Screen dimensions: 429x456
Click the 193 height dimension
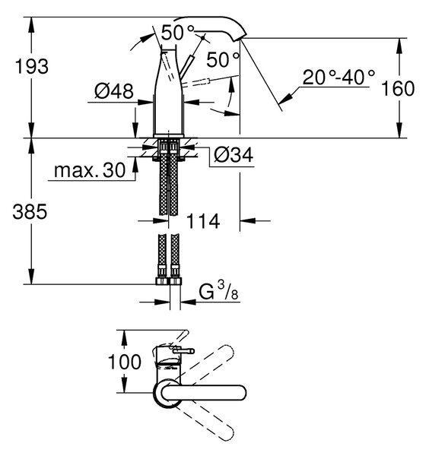click(32, 66)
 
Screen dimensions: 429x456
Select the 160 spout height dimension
click(398, 88)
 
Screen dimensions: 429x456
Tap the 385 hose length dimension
click(30, 212)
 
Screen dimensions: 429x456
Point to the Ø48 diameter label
click(114, 91)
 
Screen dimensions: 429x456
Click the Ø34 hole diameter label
click(234, 154)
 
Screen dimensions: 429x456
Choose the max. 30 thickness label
click(90, 170)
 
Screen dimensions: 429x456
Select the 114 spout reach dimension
click(203, 221)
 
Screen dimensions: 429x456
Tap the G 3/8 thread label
click(218, 291)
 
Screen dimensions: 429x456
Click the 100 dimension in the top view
click(124, 362)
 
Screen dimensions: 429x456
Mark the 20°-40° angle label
click(338, 77)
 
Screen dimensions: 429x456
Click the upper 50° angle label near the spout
click(177, 32)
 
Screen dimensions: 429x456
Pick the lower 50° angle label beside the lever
click(223, 60)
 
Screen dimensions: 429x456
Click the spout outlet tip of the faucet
click(240, 39)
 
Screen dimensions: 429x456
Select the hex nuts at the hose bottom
click(169, 280)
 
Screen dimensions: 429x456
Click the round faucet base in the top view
click(167, 393)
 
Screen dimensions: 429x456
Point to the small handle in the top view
click(183, 351)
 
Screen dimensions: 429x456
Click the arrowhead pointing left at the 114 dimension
click(248, 221)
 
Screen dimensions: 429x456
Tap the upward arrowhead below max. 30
click(135, 165)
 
